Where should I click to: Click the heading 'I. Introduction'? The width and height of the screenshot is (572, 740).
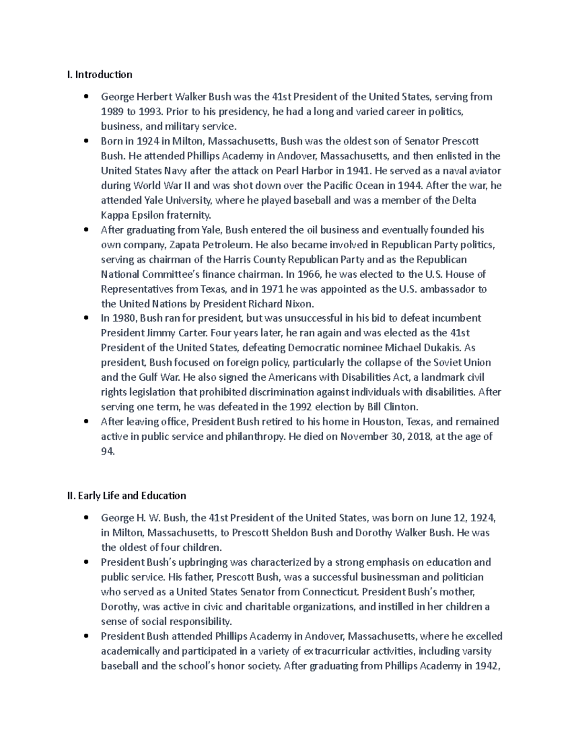99,74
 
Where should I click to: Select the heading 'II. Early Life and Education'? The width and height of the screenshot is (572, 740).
126,496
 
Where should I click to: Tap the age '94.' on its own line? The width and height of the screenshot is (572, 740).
108,451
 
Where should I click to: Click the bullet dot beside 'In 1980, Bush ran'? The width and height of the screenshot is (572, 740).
86,318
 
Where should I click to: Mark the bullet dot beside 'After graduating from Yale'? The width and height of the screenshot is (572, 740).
86,230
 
